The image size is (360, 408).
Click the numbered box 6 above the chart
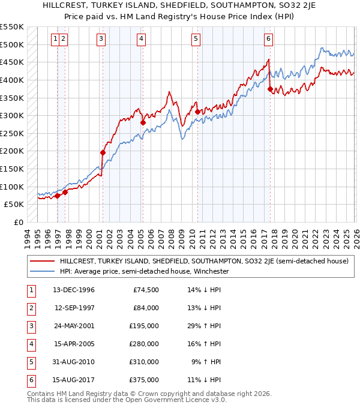coord(268,40)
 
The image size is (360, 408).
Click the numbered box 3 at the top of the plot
coord(101,40)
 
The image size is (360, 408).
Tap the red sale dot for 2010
coord(197,112)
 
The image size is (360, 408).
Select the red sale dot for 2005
coord(143,122)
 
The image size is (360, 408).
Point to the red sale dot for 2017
coord(270,89)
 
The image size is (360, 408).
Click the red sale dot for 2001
coord(103,152)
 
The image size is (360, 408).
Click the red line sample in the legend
coord(41,261)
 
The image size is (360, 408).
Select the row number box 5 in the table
coord(30,362)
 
